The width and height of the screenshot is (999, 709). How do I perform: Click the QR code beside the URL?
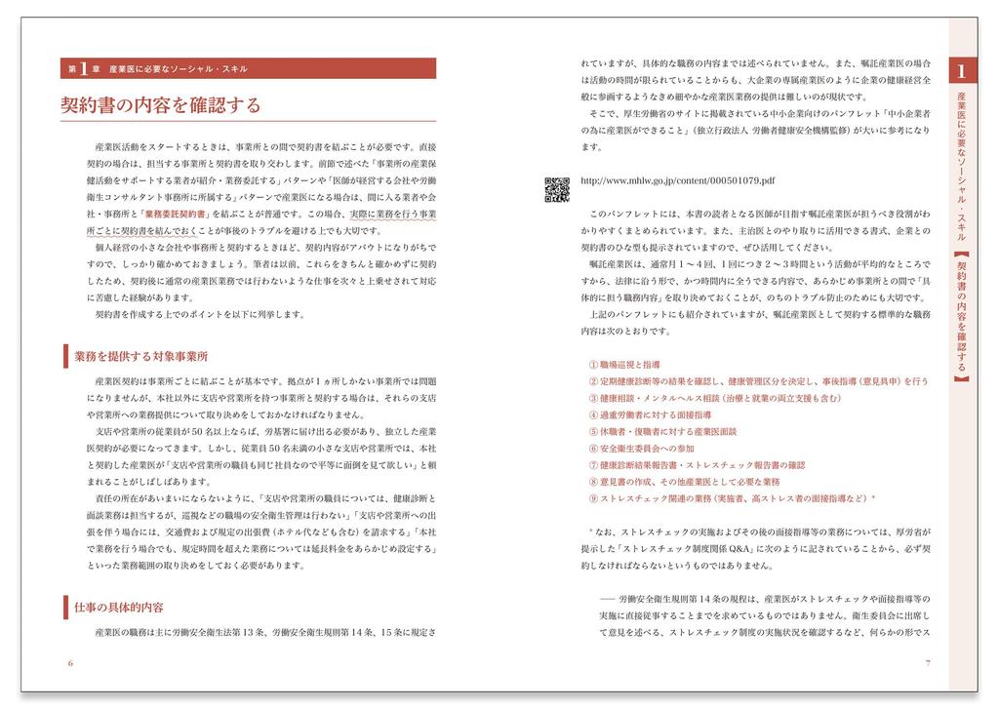point(556,189)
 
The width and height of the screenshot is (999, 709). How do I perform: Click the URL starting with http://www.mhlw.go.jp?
point(677,180)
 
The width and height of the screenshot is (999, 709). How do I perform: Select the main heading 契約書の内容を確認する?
point(161,104)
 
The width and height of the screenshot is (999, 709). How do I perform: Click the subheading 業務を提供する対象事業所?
point(140,357)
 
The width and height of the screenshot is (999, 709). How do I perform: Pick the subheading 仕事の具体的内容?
point(119,607)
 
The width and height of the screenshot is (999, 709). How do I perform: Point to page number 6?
point(71,663)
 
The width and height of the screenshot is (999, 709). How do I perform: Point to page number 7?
point(927,663)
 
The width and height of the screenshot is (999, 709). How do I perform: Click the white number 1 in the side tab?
point(962,72)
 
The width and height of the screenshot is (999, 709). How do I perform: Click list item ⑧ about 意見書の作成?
point(684,482)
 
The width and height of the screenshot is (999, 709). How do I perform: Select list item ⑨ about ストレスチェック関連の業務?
point(732,498)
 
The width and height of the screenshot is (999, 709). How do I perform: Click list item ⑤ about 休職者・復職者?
point(662,431)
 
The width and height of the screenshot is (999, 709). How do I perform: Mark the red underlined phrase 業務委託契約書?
point(177,214)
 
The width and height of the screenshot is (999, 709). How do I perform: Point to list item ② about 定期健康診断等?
point(758,380)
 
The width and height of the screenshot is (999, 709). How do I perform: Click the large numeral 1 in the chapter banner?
point(84,69)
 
